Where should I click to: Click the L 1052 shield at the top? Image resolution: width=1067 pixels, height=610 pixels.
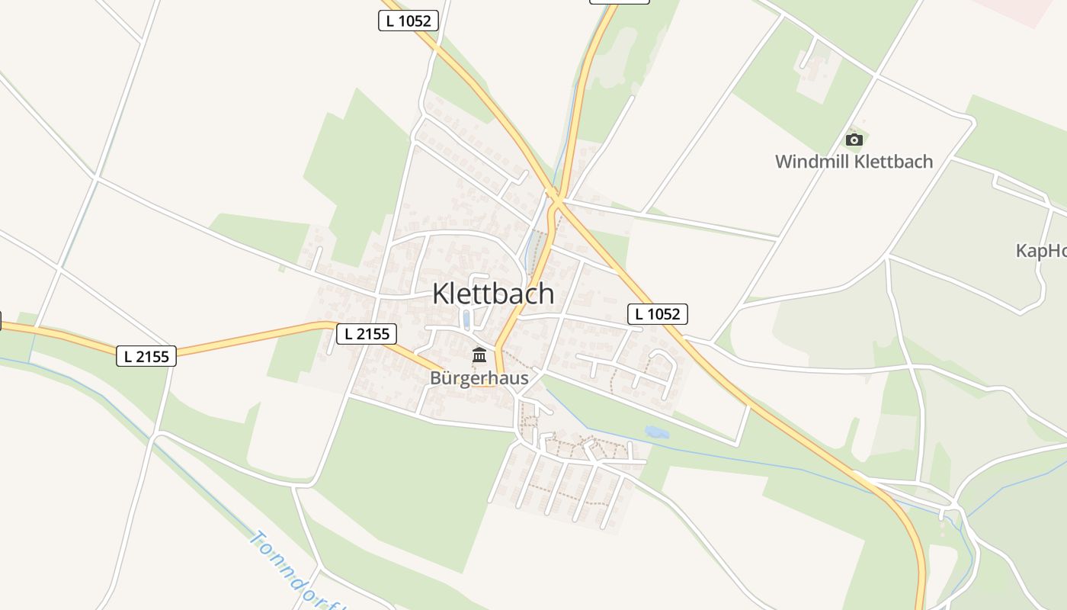pos(409,21)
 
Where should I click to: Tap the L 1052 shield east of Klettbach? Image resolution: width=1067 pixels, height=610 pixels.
pos(658,313)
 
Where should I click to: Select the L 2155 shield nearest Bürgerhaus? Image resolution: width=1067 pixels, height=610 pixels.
pos(367,333)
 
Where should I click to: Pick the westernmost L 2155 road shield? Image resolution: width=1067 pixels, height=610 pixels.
pos(146,355)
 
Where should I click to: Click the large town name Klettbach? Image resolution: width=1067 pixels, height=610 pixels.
pos(493,294)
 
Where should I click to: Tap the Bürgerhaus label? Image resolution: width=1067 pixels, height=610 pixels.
pos(479,377)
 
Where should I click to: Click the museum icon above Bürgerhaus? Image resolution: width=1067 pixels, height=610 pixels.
pos(479,355)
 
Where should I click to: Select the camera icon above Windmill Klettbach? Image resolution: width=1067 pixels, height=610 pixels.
pos(854,140)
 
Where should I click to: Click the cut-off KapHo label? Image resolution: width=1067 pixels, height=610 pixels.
pos(1041,251)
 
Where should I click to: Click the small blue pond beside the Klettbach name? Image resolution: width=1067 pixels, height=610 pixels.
pos(466,318)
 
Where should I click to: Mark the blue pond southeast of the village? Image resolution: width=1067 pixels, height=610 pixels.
pos(656,432)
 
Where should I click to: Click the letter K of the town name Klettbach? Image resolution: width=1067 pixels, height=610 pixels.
pos(441,294)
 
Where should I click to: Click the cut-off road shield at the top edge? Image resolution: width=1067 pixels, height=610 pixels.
pos(619,2)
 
